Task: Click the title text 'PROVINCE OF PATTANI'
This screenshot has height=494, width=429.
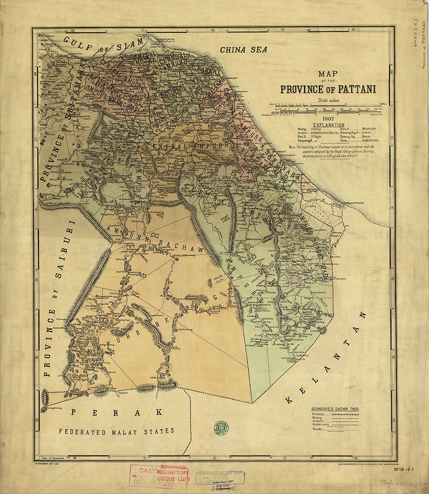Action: [x=328, y=89]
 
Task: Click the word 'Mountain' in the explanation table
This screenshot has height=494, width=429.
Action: [x=369, y=129]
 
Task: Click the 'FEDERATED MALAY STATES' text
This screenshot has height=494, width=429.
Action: [x=116, y=431]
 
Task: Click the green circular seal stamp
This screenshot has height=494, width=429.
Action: [x=221, y=426]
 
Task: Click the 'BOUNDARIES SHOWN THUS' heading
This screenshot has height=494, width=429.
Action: [x=335, y=408]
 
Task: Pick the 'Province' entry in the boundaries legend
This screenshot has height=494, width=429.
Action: [x=318, y=414]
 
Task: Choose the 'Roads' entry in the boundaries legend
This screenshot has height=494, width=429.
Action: [x=317, y=431]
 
